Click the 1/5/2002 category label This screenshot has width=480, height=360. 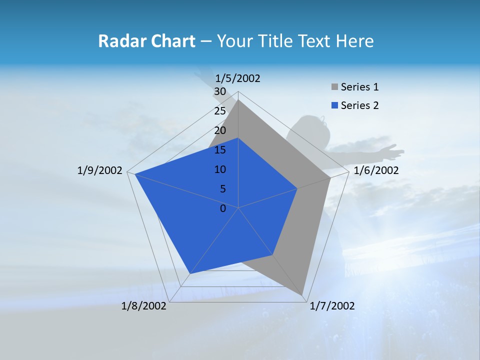[x=237, y=78]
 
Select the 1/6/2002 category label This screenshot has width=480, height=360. [x=376, y=170]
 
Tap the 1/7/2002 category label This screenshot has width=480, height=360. [x=332, y=306]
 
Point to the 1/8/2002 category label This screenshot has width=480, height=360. [x=144, y=306]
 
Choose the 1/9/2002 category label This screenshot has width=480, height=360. [x=100, y=170]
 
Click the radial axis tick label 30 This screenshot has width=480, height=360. [x=219, y=91]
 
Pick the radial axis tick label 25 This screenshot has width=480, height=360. [x=219, y=111]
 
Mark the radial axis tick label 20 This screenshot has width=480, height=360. [x=219, y=130]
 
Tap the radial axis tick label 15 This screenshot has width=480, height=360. [x=219, y=150]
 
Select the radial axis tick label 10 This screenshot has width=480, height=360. [x=219, y=169]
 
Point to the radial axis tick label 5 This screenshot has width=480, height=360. [x=222, y=189]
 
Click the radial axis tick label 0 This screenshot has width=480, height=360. [x=222, y=208]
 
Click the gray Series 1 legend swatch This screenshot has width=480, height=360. [x=334, y=87]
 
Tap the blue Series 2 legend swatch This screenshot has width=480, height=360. [x=334, y=105]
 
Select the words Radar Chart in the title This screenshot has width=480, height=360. [x=146, y=41]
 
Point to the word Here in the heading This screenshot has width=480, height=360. [x=355, y=41]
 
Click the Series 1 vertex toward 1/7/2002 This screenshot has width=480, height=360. [x=302, y=295]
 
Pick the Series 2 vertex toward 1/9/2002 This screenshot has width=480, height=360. [x=135, y=174]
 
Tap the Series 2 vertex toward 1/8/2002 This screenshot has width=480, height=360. [x=189, y=273]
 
